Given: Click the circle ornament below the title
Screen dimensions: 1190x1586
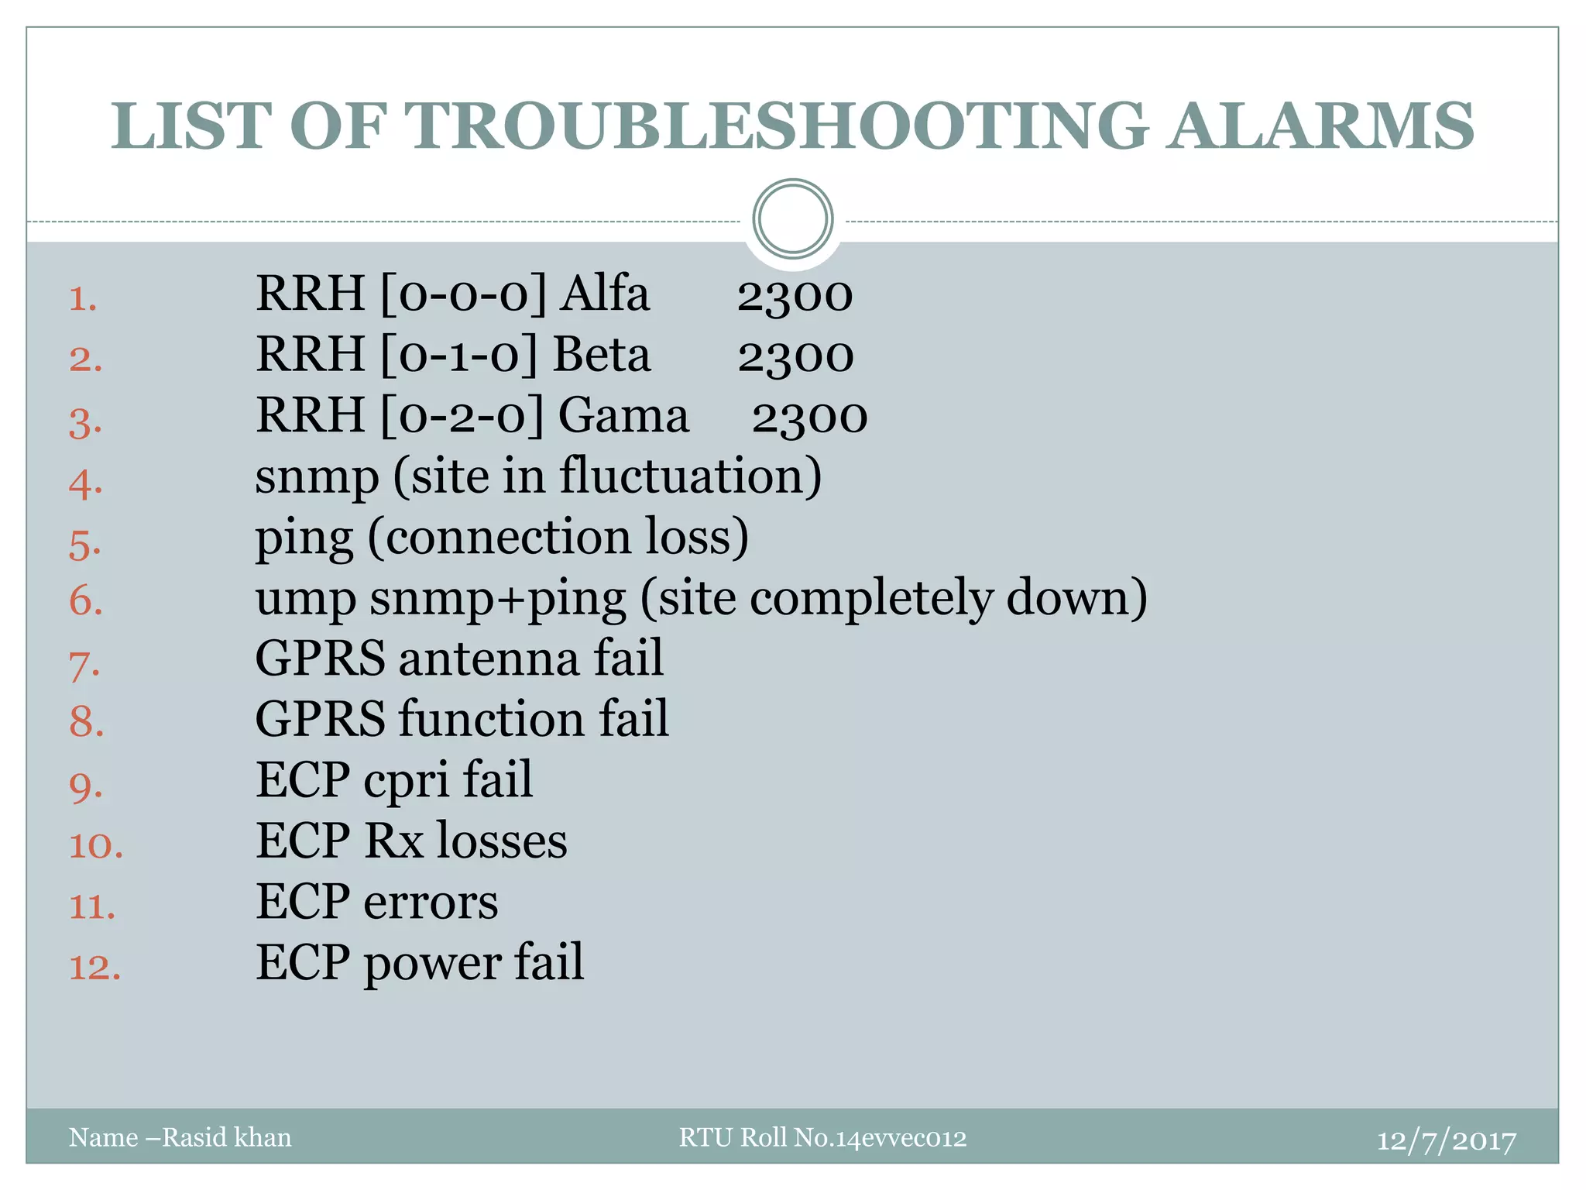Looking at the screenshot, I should click(x=792, y=218).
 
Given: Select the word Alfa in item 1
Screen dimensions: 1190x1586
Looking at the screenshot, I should click(x=606, y=294).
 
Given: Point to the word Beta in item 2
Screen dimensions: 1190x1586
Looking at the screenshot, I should click(x=602, y=355).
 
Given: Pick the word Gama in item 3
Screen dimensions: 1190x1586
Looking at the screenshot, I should click(x=623, y=415).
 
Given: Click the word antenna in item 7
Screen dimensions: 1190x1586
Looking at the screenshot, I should click(x=489, y=659).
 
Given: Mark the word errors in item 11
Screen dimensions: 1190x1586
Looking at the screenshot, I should click(x=431, y=903).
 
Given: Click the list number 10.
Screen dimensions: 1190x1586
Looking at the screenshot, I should click(x=96, y=845).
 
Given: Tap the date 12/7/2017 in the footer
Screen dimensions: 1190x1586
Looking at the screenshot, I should click(x=1446, y=1140).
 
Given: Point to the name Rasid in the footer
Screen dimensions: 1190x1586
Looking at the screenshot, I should click(x=194, y=1137).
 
